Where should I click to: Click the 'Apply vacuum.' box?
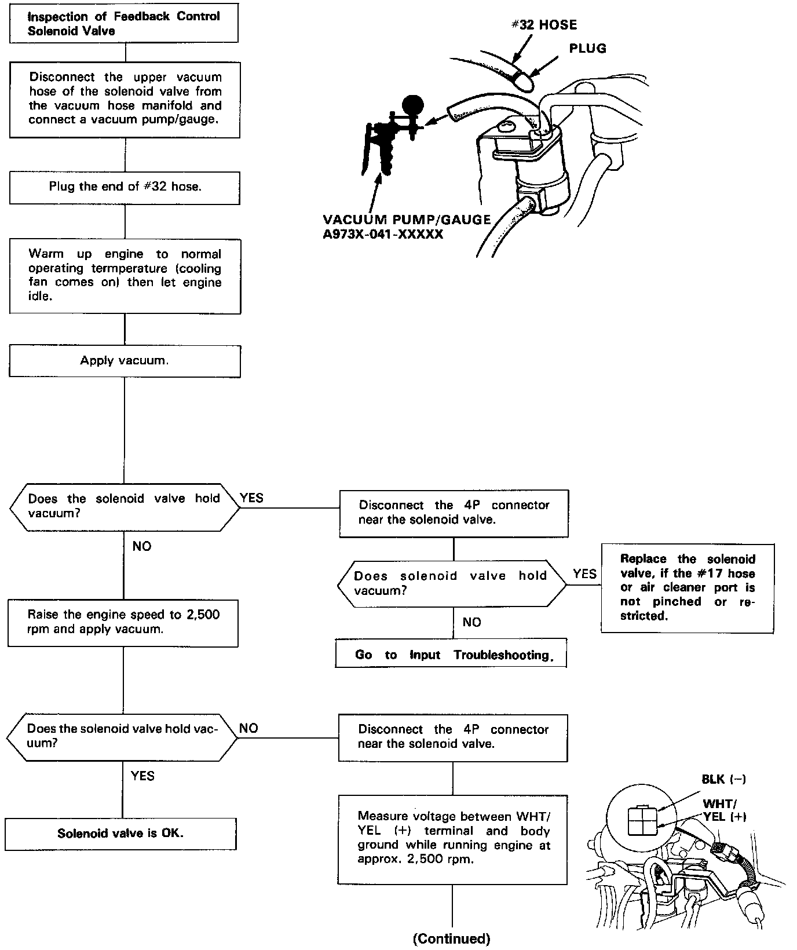click(125, 361)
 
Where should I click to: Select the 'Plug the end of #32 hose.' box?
click(125, 187)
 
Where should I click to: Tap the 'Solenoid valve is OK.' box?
click(120, 834)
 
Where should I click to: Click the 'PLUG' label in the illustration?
click(587, 49)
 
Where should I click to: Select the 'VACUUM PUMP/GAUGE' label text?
click(407, 220)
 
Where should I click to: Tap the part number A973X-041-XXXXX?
click(383, 234)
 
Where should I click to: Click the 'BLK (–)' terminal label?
click(723, 779)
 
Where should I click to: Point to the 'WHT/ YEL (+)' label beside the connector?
click(724, 810)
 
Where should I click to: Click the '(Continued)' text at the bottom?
click(451, 938)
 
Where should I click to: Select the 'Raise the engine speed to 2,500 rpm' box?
click(123, 622)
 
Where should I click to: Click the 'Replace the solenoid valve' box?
click(688, 587)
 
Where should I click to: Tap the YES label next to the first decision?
click(252, 498)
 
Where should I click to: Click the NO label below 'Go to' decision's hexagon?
click(471, 622)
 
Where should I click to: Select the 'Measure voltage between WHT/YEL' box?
click(453, 838)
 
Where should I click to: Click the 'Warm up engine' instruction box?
click(125, 276)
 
